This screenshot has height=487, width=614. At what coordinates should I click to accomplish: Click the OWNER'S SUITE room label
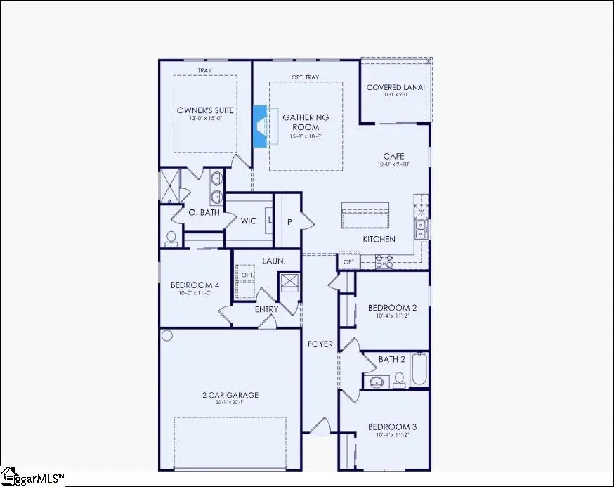click(205, 110)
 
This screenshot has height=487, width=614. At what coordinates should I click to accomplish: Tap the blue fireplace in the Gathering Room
click(259, 126)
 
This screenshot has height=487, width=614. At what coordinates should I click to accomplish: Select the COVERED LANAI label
click(393, 88)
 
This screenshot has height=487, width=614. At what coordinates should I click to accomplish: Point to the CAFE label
click(393, 156)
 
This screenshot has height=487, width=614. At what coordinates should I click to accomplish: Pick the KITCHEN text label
click(379, 240)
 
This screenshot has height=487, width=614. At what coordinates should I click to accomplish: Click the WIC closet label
click(248, 221)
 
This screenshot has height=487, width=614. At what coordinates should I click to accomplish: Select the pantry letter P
click(289, 221)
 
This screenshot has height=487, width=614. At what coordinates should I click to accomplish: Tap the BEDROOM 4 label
click(195, 285)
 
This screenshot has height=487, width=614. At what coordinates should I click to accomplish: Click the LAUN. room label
click(274, 261)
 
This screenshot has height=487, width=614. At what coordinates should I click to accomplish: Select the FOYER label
click(320, 344)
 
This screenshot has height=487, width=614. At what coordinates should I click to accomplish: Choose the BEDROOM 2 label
click(393, 308)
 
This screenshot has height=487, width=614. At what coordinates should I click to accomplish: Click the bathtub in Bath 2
click(419, 370)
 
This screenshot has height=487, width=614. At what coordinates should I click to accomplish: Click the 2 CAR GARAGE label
click(230, 395)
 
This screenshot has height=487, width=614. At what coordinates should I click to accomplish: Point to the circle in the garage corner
click(167, 336)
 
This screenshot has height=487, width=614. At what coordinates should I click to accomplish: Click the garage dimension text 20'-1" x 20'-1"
click(230, 403)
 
